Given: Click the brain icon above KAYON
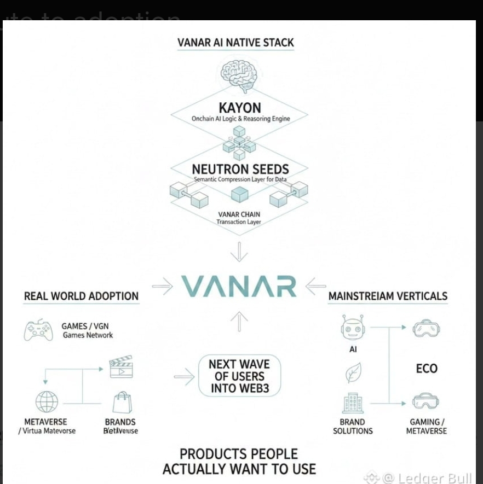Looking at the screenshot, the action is tap(239, 75).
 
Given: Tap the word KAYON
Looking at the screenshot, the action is tap(239, 108).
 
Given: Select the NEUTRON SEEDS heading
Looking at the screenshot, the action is tap(239, 169).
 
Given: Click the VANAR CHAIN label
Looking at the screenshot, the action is tap(239, 214).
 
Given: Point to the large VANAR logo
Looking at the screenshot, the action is tap(239, 286).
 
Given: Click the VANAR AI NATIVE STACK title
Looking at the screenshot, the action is tap(235, 43).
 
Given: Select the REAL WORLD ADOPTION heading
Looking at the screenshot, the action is tap(81, 296).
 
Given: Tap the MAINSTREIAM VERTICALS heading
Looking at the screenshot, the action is tap(388, 296).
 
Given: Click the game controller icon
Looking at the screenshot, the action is tap(38, 330).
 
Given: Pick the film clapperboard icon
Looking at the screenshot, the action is tap(121, 368).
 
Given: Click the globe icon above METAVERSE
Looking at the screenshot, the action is tap(47, 402).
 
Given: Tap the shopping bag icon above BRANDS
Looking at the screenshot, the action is tap(122, 403).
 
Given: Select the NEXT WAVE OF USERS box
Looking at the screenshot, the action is tap(239, 376).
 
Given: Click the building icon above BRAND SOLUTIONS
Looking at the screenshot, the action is tap(353, 404).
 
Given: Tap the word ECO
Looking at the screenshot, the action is tap(427, 368).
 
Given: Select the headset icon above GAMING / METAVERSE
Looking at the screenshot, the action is tap(426, 403).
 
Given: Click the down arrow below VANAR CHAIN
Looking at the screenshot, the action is tap(239, 253).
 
